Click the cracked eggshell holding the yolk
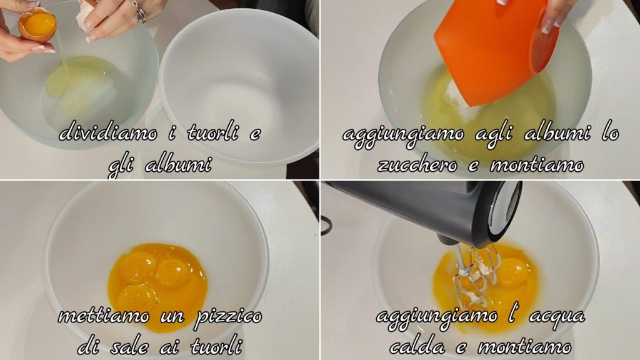tap(37, 25)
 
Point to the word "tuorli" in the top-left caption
tap(212, 132)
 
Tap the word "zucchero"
tap(417, 164)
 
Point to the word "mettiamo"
tap(104, 316)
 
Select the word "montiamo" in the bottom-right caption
tap(524, 346)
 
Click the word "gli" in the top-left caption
tap(121, 166)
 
